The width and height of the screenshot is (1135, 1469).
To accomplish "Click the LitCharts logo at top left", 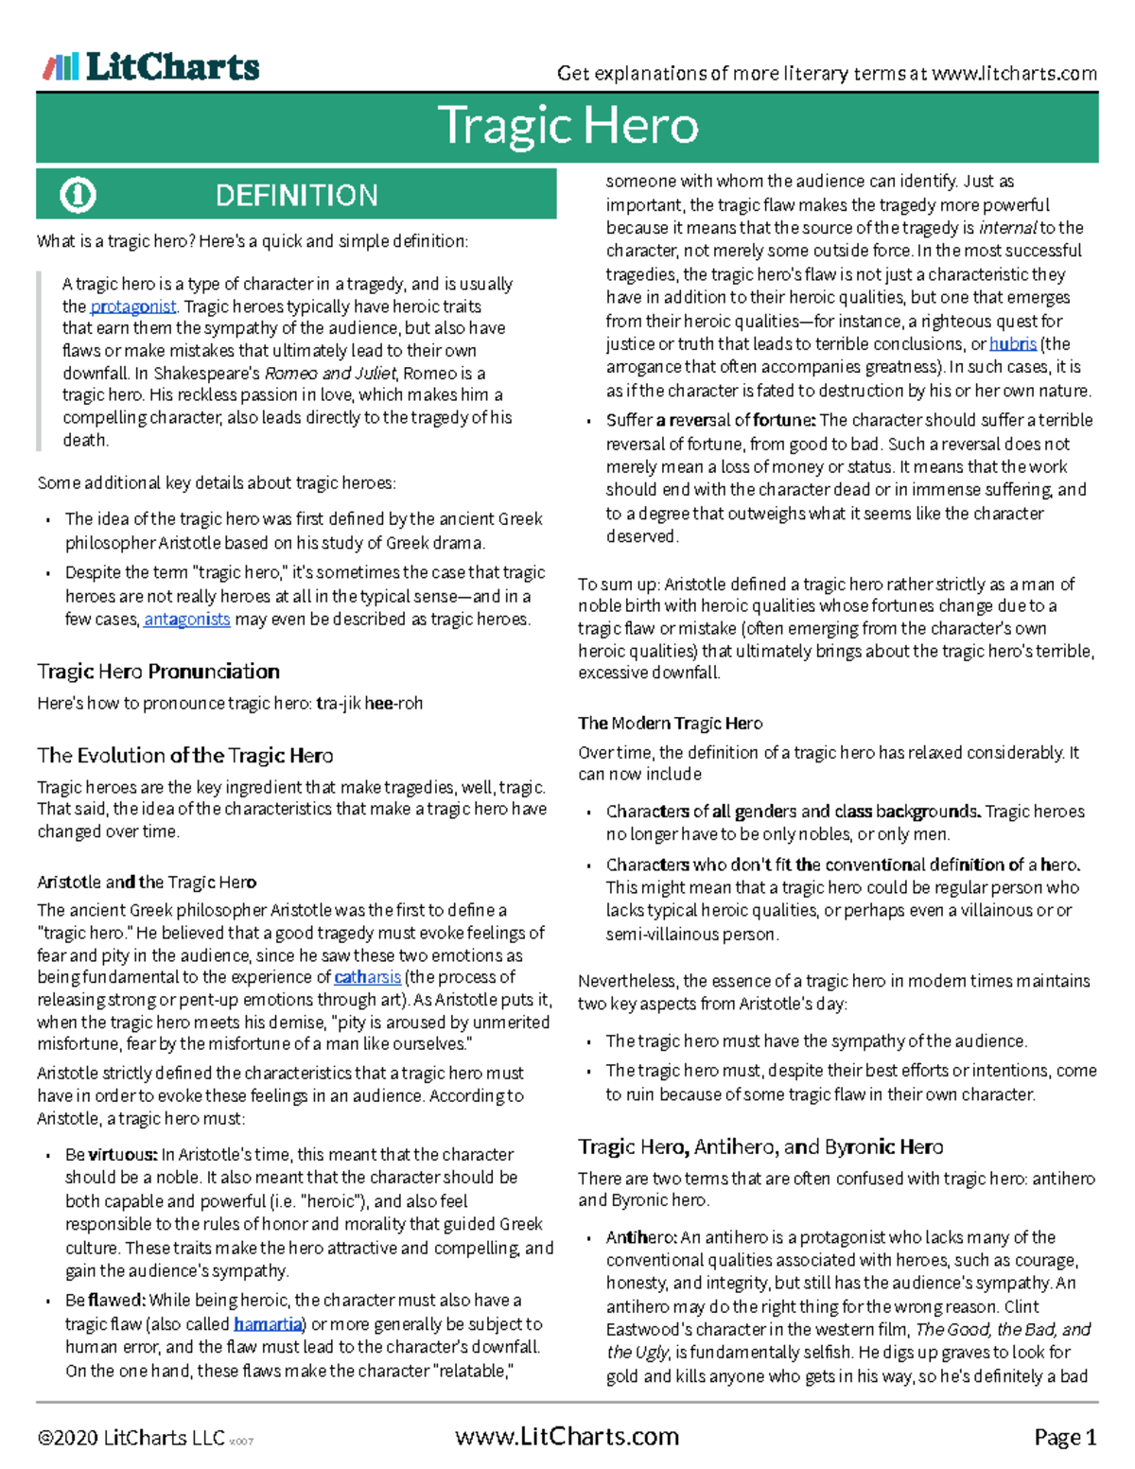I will click(151, 66).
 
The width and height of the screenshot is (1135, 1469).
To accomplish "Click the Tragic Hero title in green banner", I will click(567, 126).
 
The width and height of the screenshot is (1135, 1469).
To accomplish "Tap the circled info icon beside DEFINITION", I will click(78, 195).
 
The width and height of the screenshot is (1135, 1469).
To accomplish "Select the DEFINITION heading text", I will click(296, 195).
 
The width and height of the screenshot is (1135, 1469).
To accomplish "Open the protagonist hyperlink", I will click(133, 306).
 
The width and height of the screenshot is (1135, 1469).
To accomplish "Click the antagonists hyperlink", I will click(186, 620).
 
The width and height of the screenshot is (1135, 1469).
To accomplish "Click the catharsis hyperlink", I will click(367, 977).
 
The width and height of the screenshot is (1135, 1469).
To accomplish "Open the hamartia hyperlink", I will click(270, 1324).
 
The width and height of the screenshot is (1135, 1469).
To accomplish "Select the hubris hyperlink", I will click(1012, 344).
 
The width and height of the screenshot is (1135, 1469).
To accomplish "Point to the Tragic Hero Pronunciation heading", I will click(158, 672).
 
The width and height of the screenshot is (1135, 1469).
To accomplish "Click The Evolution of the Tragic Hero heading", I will click(184, 756).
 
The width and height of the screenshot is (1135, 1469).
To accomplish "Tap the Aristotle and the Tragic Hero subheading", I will click(147, 883).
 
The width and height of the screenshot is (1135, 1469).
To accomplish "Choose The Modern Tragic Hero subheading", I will click(670, 724).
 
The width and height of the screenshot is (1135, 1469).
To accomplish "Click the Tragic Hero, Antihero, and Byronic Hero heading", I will click(760, 1147).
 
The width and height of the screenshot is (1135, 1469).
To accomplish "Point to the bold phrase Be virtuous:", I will click(111, 1155).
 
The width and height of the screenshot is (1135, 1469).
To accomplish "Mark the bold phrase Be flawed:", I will click(105, 1301).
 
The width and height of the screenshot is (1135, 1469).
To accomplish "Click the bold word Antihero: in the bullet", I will click(641, 1237).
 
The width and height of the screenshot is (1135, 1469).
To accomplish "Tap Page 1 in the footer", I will click(1065, 1438).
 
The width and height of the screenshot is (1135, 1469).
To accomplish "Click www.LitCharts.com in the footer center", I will click(567, 1437).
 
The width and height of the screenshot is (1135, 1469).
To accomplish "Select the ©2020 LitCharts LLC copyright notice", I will click(131, 1438).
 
